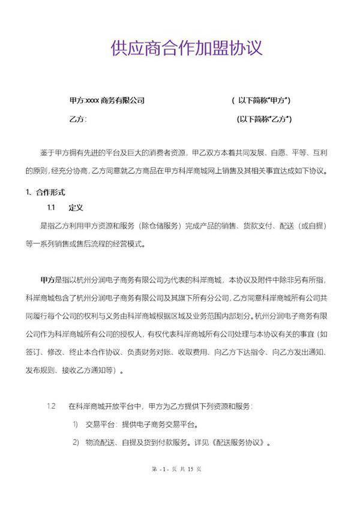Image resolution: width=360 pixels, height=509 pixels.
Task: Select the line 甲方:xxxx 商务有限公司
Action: [x=107, y=100]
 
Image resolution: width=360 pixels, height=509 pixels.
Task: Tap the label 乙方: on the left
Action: [x=78, y=119]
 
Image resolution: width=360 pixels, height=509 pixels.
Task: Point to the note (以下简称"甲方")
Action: [x=265, y=100]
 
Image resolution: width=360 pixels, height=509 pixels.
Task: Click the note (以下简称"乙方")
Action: [x=265, y=119]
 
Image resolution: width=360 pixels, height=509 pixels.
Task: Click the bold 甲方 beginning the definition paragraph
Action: [x=47, y=279]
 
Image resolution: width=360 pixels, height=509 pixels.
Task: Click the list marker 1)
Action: [x=76, y=425]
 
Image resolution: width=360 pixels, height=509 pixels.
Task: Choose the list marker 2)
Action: [x=76, y=444]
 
